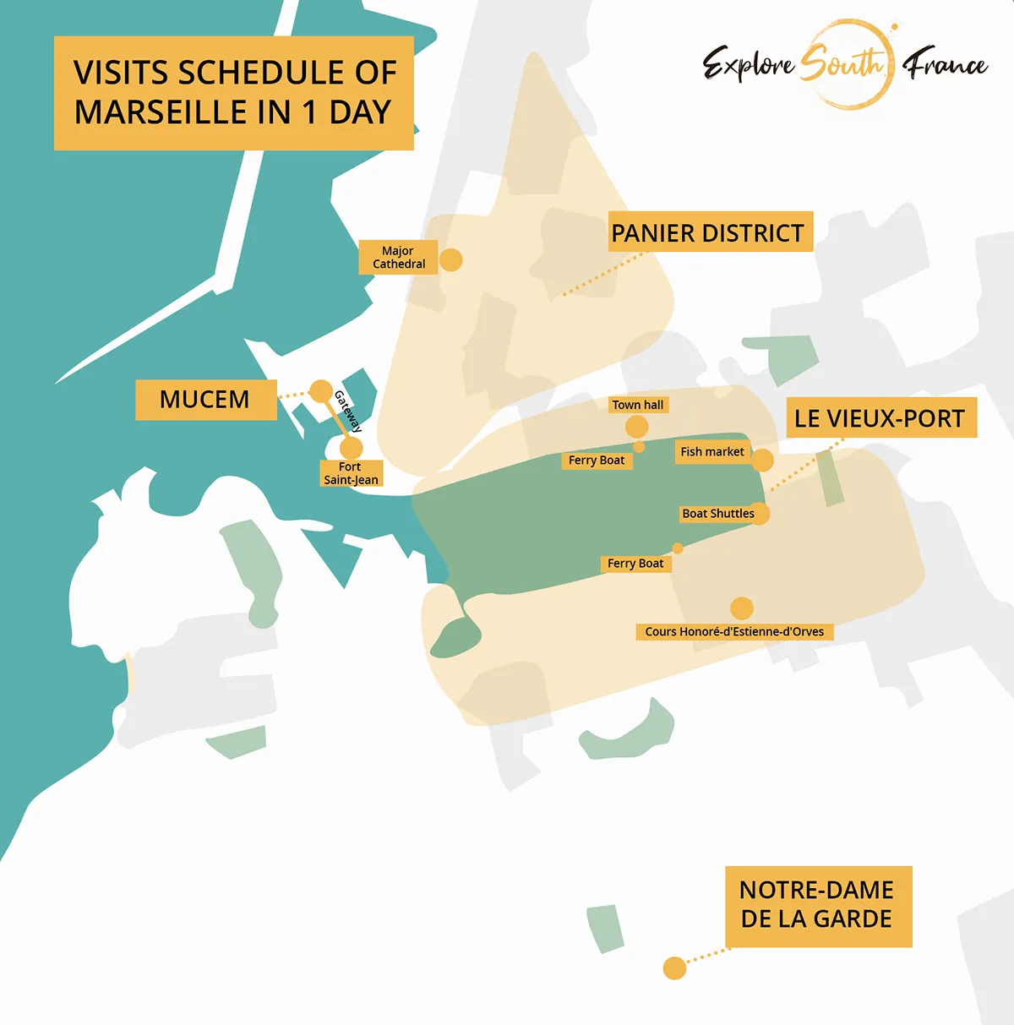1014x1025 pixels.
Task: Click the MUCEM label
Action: click(205, 400)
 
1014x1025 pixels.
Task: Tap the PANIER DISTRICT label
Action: click(708, 232)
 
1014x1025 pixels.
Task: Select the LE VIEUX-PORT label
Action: click(880, 418)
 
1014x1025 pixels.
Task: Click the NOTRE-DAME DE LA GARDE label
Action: click(817, 905)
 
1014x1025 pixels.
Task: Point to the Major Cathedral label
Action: click(398, 258)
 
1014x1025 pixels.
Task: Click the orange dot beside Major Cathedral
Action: click(451, 259)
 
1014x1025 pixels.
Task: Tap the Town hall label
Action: click(638, 405)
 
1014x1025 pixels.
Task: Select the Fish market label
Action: click(712, 452)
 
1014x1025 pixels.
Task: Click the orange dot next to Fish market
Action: click(762, 460)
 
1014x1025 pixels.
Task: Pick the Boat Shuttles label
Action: click(718, 514)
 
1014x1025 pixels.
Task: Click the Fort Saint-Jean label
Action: click(351, 473)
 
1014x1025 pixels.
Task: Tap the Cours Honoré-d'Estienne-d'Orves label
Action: click(734, 631)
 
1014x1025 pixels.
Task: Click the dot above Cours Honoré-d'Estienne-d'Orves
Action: click(741, 608)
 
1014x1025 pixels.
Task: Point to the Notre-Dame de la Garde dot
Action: click(674, 968)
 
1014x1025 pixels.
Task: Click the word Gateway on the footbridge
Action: click(348, 412)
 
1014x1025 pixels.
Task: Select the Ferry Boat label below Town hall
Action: click(597, 461)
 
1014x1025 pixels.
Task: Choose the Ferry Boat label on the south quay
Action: click(635, 564)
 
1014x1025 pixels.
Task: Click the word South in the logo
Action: click(842, 63)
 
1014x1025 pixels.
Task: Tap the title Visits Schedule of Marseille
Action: click(234, 93)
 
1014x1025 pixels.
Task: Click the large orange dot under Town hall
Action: click(637, 427)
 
